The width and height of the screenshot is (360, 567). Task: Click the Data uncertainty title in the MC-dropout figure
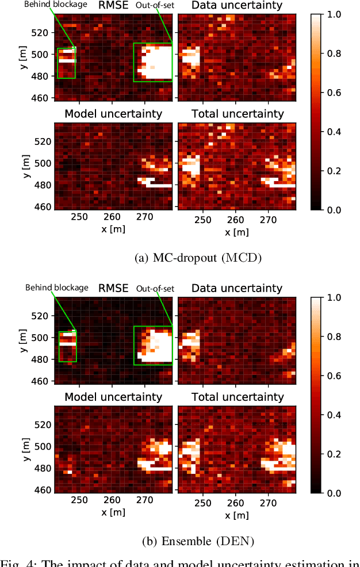[x=237, y=6]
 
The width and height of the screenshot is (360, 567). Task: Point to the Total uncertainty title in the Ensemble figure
[x=237, y=397]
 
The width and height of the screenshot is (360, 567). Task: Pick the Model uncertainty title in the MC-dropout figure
[x=113, y=114]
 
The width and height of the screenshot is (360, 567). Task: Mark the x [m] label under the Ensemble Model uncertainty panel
[x=113, y=512]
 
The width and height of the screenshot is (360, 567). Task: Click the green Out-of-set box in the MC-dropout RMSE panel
[x=153, y=62]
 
